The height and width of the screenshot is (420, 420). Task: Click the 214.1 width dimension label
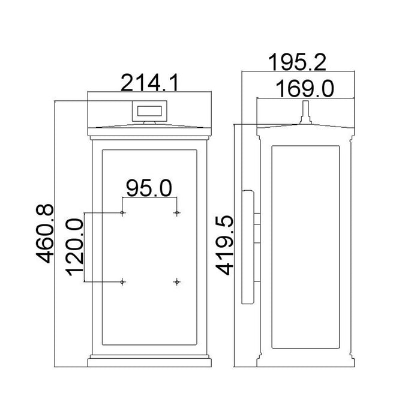[149, 83]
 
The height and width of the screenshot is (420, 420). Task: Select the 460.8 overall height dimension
[45, 233]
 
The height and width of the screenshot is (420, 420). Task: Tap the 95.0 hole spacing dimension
[149, 188]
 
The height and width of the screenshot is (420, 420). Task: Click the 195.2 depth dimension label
[297, 62]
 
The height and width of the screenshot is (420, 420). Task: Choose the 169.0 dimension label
[305, 89]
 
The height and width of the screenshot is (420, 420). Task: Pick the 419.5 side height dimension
[225, 245]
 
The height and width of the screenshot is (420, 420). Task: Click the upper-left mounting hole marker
[122, 213]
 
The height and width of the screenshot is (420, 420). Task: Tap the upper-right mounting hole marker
[177, 213]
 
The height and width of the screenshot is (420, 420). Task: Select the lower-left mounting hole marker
[122, 282]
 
